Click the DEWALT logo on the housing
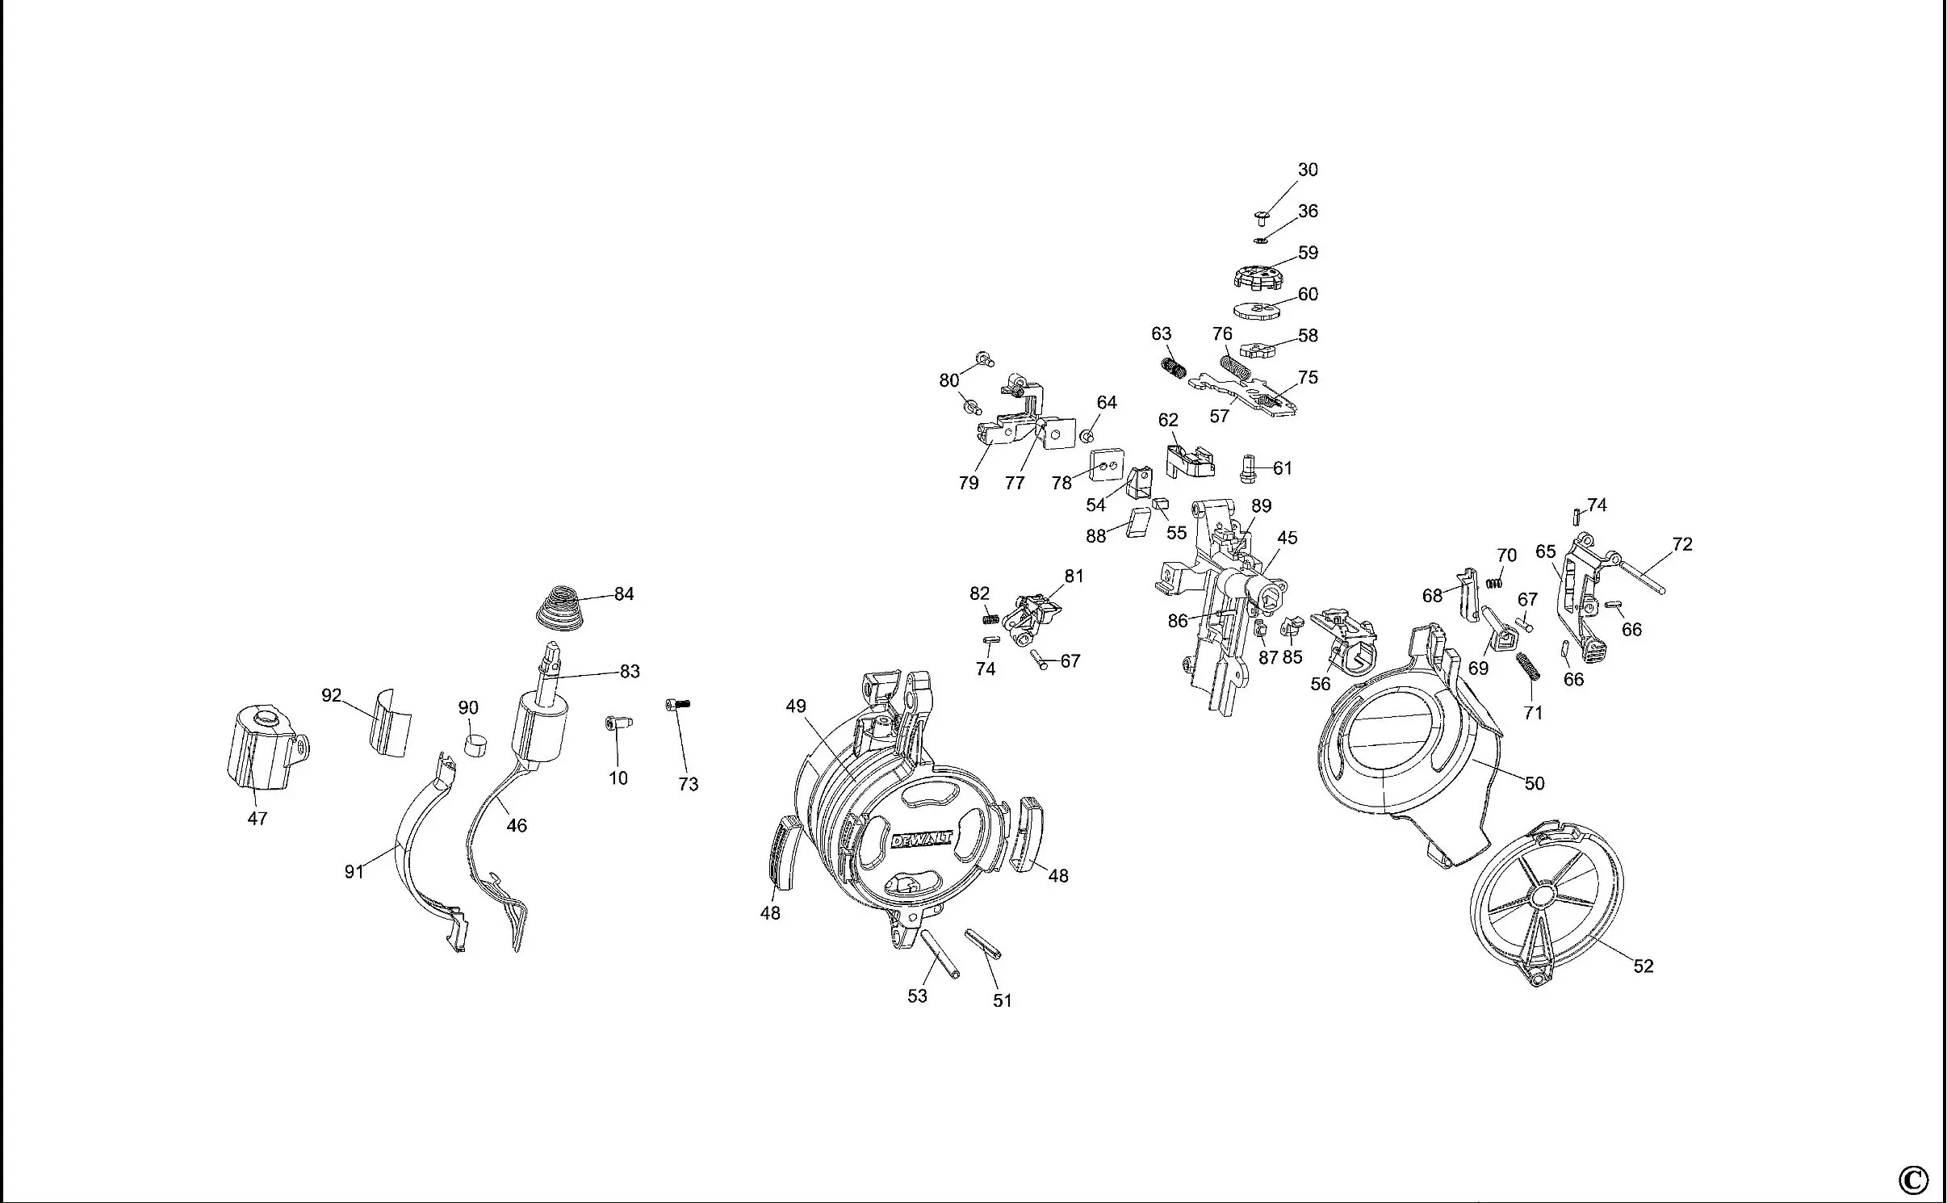pos(921,840)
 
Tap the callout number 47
pos(257,819)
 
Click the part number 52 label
pos(1643,966)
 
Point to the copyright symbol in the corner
pos(1913,1180)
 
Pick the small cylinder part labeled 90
pos(475,744)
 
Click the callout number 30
pos(1308,170)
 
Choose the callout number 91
pos(354,871)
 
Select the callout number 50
pos(1534,783)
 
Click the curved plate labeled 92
pos(390,723)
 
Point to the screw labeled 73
pos(677,705)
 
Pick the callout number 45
pos(1288,538)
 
